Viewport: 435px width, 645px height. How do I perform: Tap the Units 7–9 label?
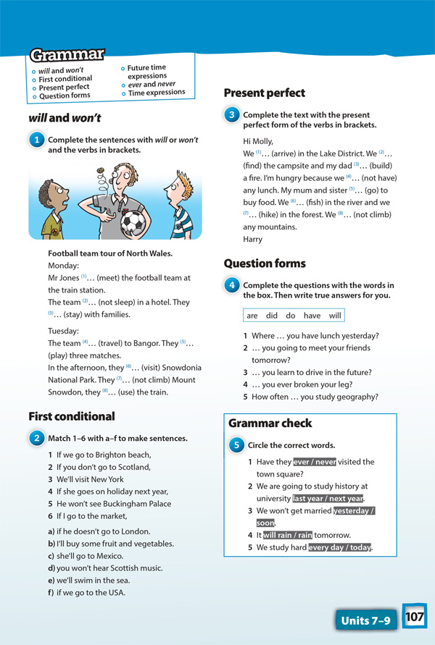tap(365, 620)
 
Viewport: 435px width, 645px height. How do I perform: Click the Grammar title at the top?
tap(67, 55)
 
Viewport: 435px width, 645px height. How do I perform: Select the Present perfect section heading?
tap(264, 93)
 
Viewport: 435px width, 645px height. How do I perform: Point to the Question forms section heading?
tap(265, 264)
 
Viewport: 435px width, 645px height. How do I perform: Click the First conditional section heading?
tap(72, 416)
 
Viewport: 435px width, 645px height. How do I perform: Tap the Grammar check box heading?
tap(270, 423)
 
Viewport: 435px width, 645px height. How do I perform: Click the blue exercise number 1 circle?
tap(36, 140)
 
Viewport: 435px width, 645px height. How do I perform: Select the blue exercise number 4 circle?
tap(231, 286)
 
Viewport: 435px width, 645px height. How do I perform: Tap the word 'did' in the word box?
tap(271, 316)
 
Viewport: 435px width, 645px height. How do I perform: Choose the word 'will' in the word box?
tap(334, 316)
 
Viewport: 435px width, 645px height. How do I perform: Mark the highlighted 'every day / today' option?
tap(339, 547)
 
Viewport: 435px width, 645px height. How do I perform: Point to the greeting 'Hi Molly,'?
tap(261, 142)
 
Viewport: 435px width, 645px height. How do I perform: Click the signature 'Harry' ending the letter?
tap(254, 239)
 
